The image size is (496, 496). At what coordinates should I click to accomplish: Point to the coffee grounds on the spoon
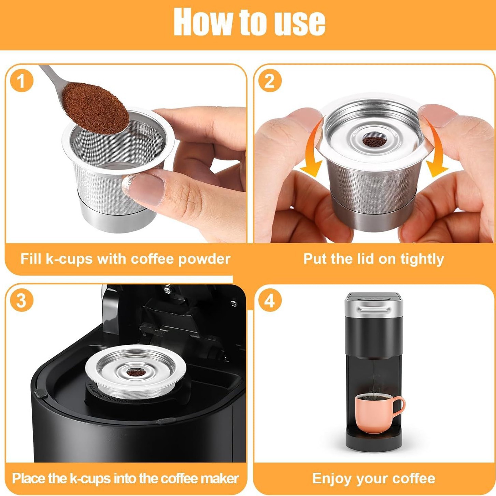click(x=96, y=108)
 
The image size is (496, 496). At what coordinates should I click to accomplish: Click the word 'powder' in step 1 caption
click(x=204, y=259)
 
